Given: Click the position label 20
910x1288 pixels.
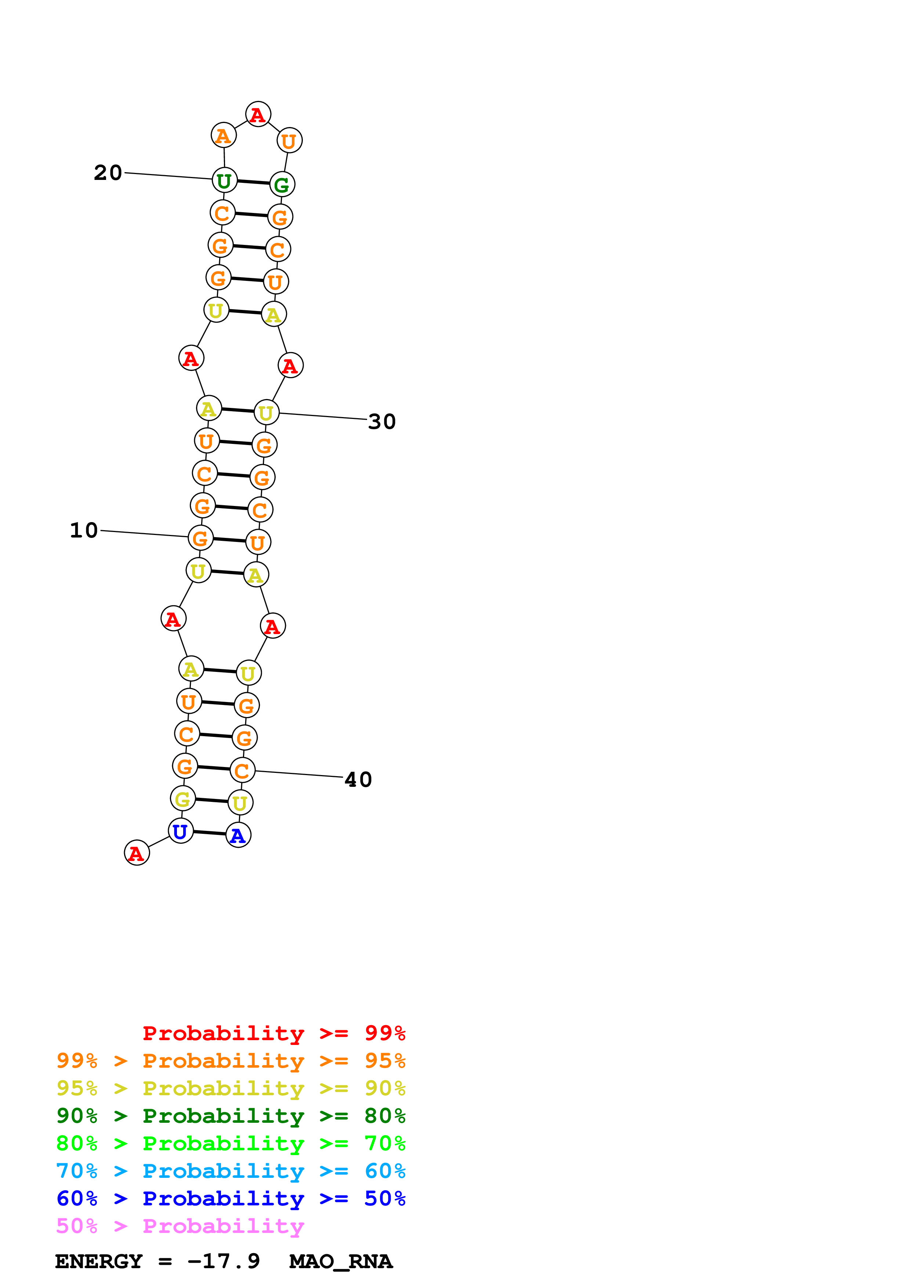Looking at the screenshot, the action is pyautogui.click(x=108, y=173).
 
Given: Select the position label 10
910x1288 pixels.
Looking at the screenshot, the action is pyautogui.click(x=84, y=531).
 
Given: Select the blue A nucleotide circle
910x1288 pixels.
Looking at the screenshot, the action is pyautogui.click(x=238, y=836).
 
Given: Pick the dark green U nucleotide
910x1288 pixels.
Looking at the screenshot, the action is pyautogui.click(x=224, y=181).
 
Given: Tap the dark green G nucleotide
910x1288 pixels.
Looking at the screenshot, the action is pyautogui.click(x=282, y=185).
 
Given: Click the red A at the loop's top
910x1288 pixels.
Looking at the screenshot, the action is pyautogui.click(x=258, y=115).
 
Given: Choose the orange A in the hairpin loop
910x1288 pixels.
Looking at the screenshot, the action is pyautogui.click(x=223, y=136).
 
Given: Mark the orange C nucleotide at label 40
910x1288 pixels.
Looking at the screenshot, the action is pyautogui.click(x=242, y=771).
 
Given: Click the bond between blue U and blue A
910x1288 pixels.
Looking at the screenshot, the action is pyautogui.click(x=210, y=833).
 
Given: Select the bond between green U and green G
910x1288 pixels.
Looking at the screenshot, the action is pyautogui.click(x=253, y=182).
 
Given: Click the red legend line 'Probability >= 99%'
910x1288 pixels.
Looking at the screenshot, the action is pyautogui.click(x=273, y=1033).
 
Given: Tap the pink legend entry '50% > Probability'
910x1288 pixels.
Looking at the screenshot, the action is pyautogui.click(x=180, y=1226).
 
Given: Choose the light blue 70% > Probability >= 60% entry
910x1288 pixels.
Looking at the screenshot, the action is pyautogui.click(x=231, y=1171).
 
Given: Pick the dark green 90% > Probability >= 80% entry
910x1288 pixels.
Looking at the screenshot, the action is pyautogui.click(x=231, y=1116).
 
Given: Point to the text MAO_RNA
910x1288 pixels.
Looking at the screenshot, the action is pyautogui.click(x=341, y=1262).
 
